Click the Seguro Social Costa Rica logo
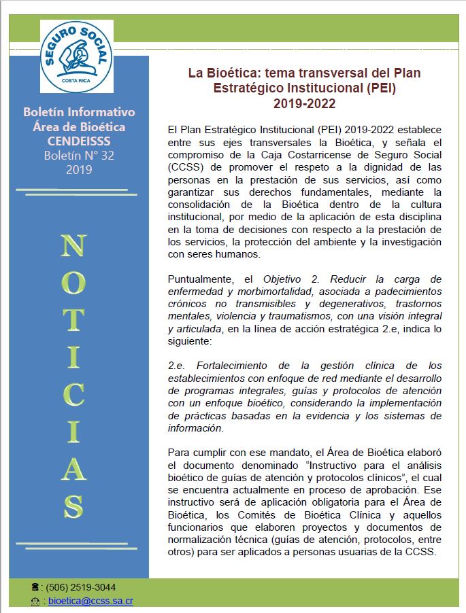click(77, 56)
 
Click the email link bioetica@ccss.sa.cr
click(90, 601)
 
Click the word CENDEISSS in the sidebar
click(79, 141)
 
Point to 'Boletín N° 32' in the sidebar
click(79, 155)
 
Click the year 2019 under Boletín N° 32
click(79, 169)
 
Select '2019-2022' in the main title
click(304, 103)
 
